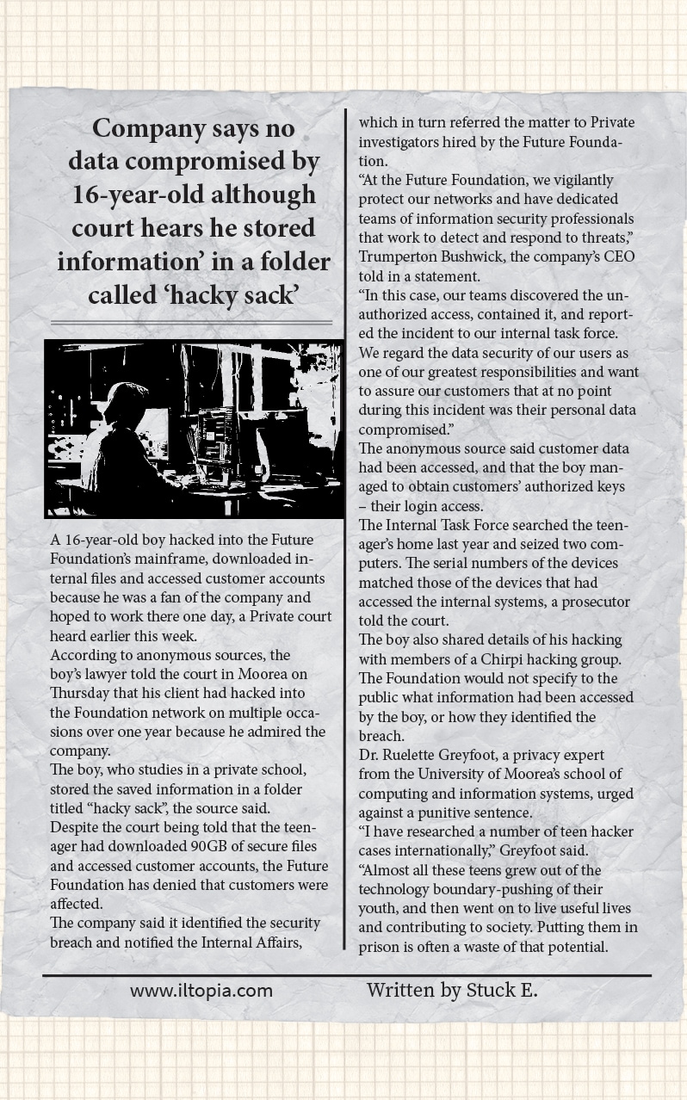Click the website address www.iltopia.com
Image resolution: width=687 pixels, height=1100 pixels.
click(201, 991)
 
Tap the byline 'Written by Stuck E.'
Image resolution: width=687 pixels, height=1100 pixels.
click(452, 990)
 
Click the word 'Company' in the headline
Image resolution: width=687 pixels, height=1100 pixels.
click(150, 129)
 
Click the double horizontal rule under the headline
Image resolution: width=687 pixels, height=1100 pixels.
click(191, 323)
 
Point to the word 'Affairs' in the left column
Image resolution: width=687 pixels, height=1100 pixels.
click(271, 942)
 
